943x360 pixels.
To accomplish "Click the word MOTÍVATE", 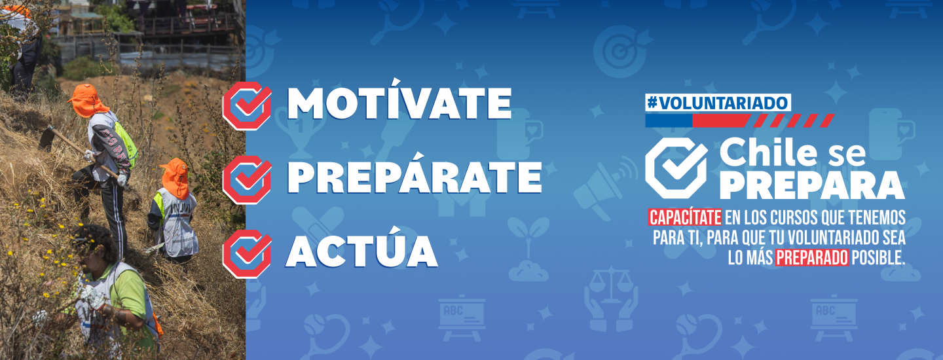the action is tap(399, 101).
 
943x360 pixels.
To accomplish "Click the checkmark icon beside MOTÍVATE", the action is tap(247, 105).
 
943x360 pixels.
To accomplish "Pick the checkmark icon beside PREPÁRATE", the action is tap(247, 179).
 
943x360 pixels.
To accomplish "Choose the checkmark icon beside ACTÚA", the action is tap(247, 253).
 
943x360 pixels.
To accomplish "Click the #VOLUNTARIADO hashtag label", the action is tap(718, 103).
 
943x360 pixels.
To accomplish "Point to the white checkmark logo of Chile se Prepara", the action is tap(676, 168).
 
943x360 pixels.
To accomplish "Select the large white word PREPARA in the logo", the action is tap(811, 185).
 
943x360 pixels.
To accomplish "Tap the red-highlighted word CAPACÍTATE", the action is tap(685, 218).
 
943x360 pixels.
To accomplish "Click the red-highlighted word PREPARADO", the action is tap(812, 258).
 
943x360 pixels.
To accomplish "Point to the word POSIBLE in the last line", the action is tap(878, 258).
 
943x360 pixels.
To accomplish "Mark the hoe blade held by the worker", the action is tap(46, 139).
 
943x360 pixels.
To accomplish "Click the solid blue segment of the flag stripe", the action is tap(669, 120).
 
